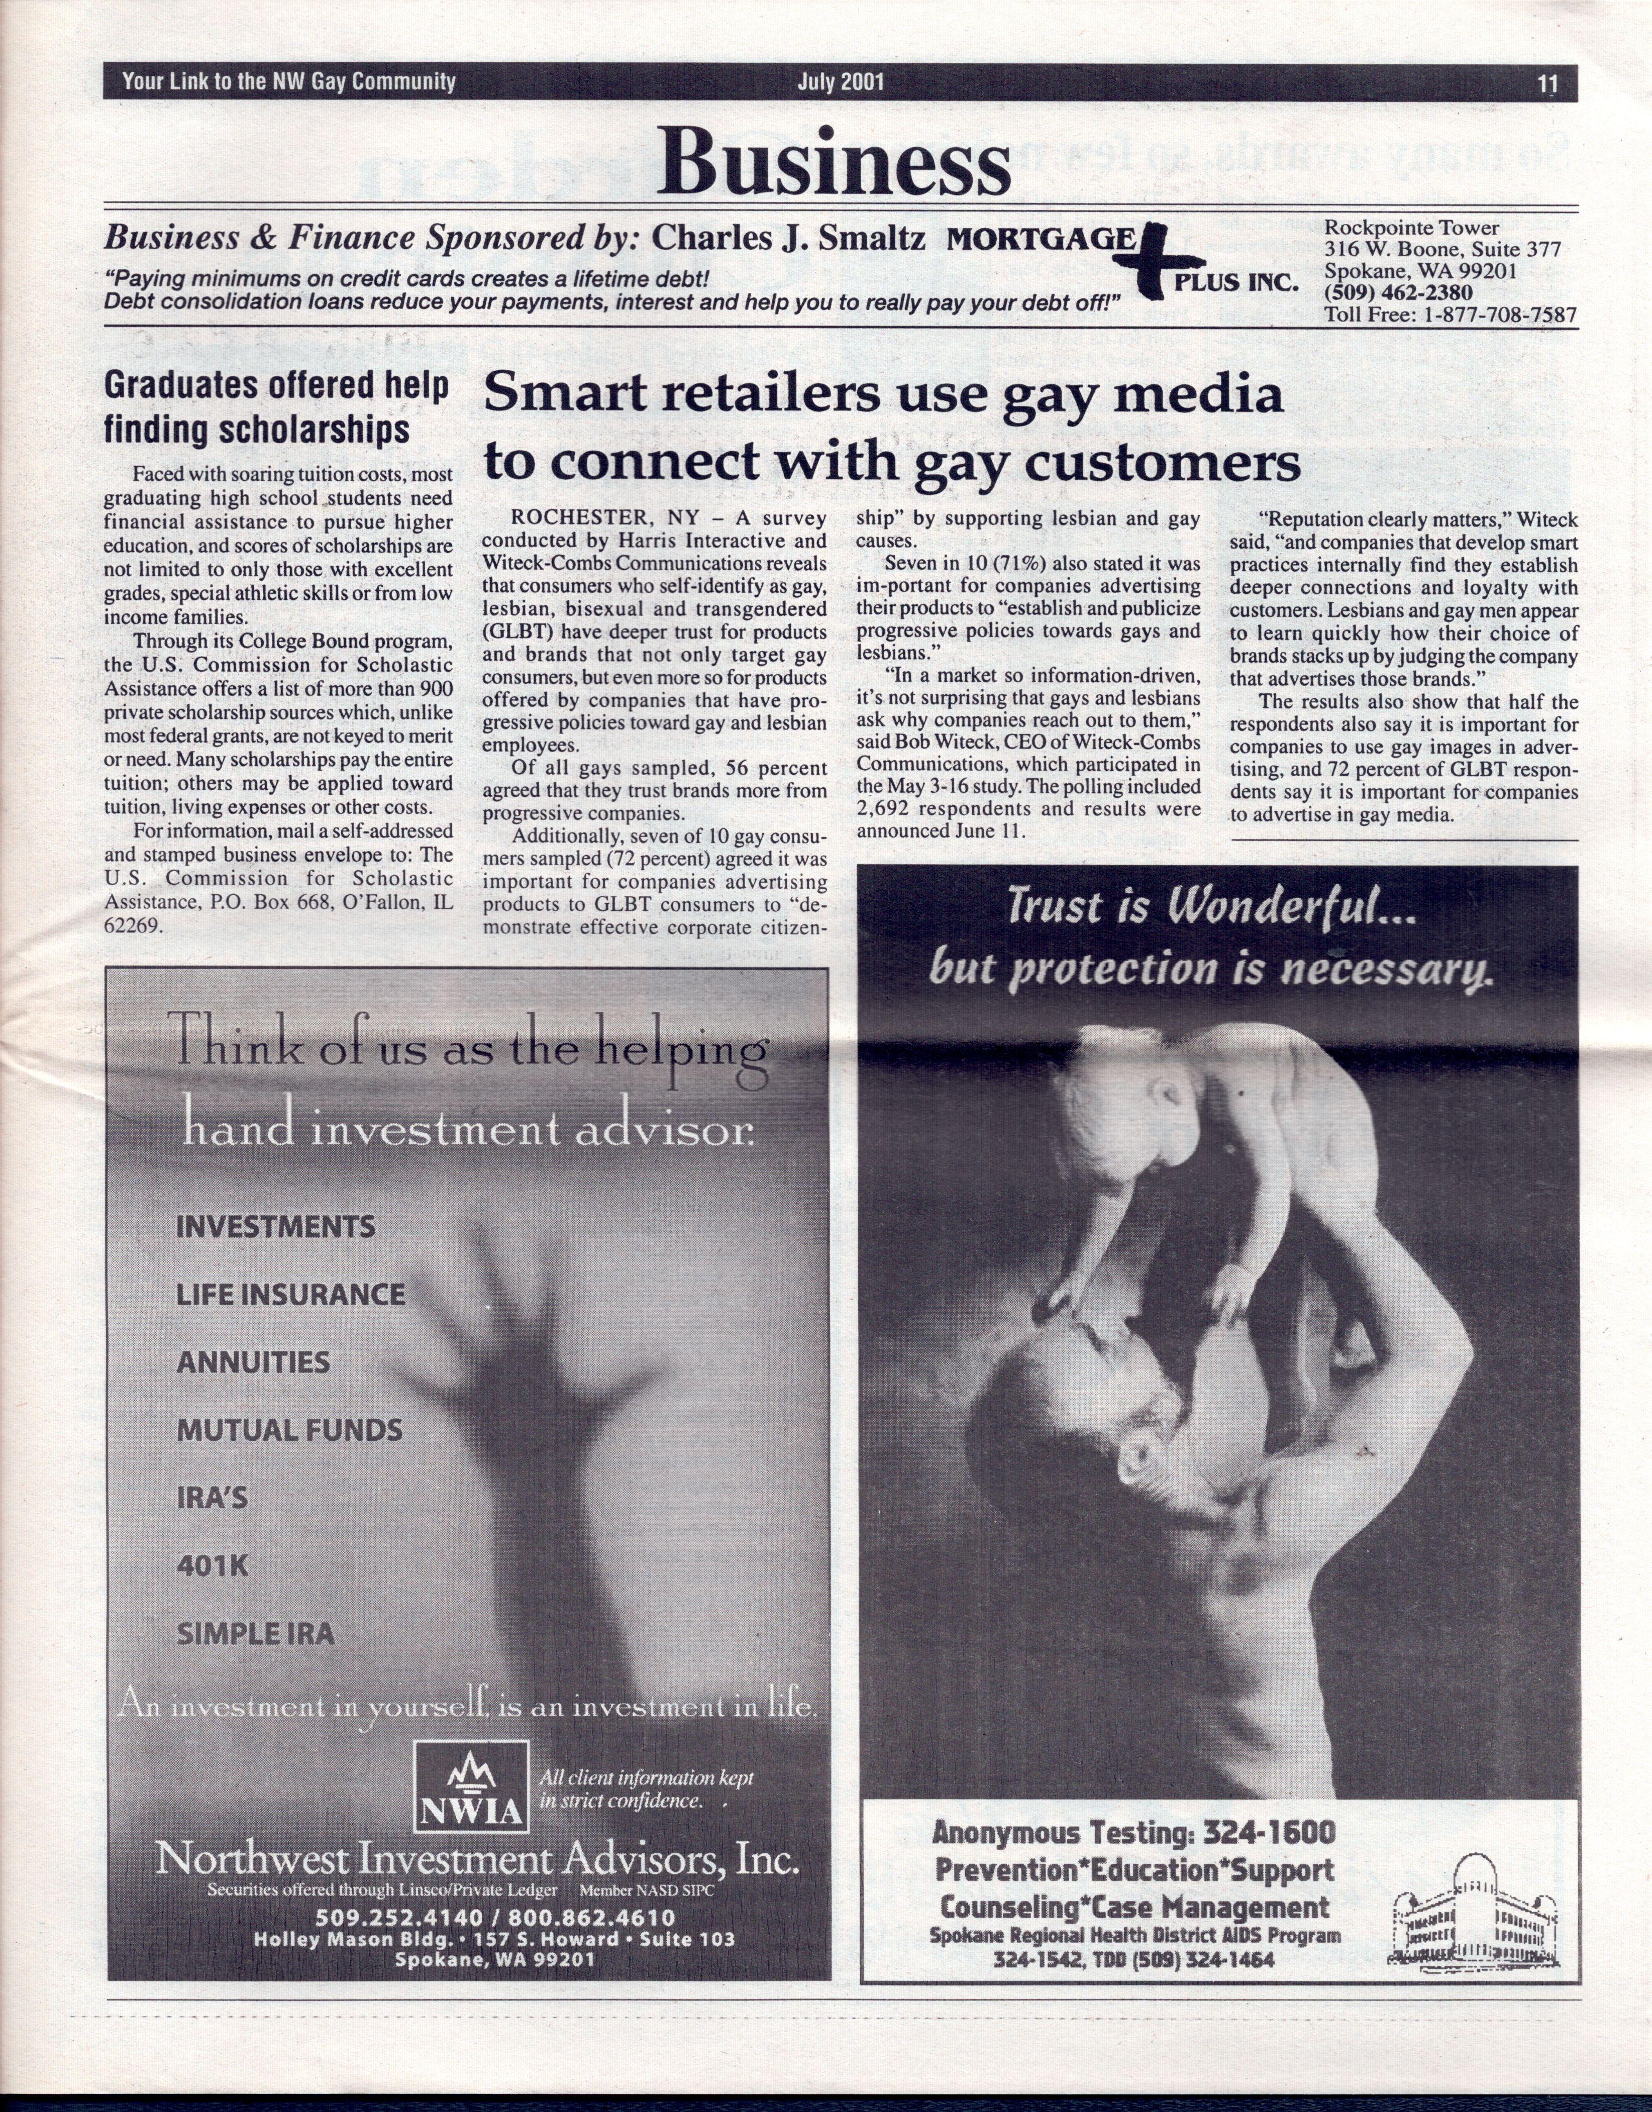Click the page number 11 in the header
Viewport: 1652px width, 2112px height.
pyautogui.click(x=1547, y=83)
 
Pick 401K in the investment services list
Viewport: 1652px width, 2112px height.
pyautogui.click(x=213, y=1565)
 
